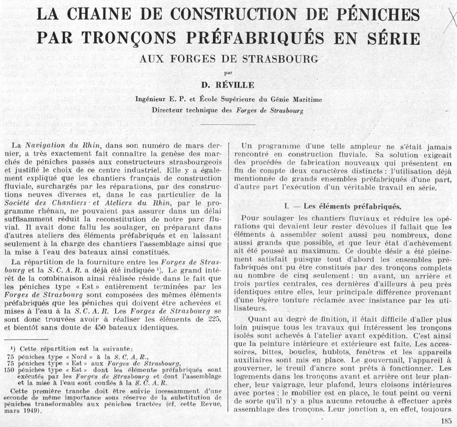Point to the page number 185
[447, 419]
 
